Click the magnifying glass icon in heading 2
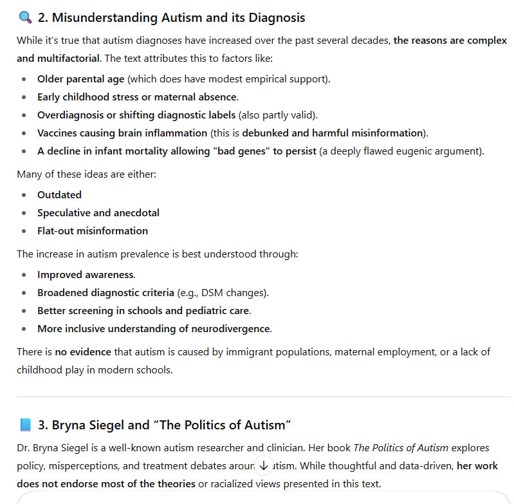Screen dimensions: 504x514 coord(25,18)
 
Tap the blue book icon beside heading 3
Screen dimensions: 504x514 coord(25,425)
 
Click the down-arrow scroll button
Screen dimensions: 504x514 coord(264,465)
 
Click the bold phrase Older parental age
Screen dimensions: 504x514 coord(81,79)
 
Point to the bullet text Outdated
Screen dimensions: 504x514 coord(59,194)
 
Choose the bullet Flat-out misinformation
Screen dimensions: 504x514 coord(93,230)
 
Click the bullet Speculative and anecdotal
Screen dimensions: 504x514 coord(98,212)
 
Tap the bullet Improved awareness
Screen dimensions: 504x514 coord(86,274)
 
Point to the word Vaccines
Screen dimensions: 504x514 coord(58,133)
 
